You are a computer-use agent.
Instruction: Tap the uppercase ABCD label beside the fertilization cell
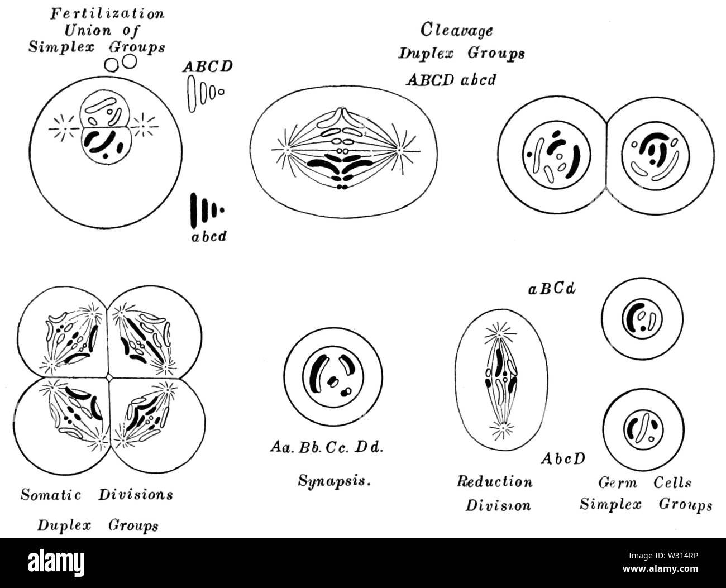coord(207,67)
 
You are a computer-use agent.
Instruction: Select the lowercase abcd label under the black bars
coord(207,236)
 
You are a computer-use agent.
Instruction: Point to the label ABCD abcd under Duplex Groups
coord(451,79)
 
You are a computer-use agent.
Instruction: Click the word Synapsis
coord(334,479)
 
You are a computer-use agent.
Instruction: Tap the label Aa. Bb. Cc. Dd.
coord(326,448)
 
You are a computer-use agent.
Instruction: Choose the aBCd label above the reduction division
coord(552,290)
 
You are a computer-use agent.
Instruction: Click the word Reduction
coord(495,481)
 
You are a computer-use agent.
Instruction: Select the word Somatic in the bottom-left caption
coord(51,495)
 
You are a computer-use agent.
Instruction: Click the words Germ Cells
coord(644,482)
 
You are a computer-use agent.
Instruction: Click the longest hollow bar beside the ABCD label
coord(193,92)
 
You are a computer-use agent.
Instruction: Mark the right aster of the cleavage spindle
coord(400,150)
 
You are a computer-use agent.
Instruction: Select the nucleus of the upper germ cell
coord(642,319)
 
